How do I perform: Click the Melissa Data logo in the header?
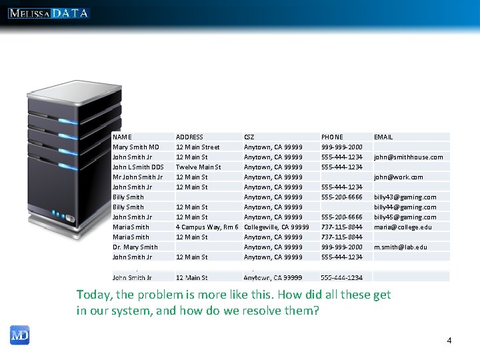tap(49, 13)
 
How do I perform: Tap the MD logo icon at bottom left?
tap(19, 335)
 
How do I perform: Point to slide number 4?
tap(449, 341)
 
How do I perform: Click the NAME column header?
tap(122, 137)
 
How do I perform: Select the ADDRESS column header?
tap(189, 137)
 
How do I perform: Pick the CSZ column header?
tap(249, 137)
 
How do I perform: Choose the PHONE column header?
tap(332, 137)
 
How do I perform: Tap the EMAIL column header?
tap(383, 137)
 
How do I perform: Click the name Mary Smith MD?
tap(136, 147)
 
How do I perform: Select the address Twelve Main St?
tap(198, 167)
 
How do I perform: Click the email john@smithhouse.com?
tap(408, 157)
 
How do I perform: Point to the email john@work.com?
tap(398, 177)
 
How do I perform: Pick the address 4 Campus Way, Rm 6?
tap(207, 227)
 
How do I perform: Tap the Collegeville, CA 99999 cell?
tap(277, 227)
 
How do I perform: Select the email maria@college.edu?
tap(403, 227)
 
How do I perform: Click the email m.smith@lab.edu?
tap(400, 247)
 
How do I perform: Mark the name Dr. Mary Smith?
tap(135, 247)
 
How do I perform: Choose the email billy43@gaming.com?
tap(405, 197)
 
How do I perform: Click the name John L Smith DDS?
tap(138, 167)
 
